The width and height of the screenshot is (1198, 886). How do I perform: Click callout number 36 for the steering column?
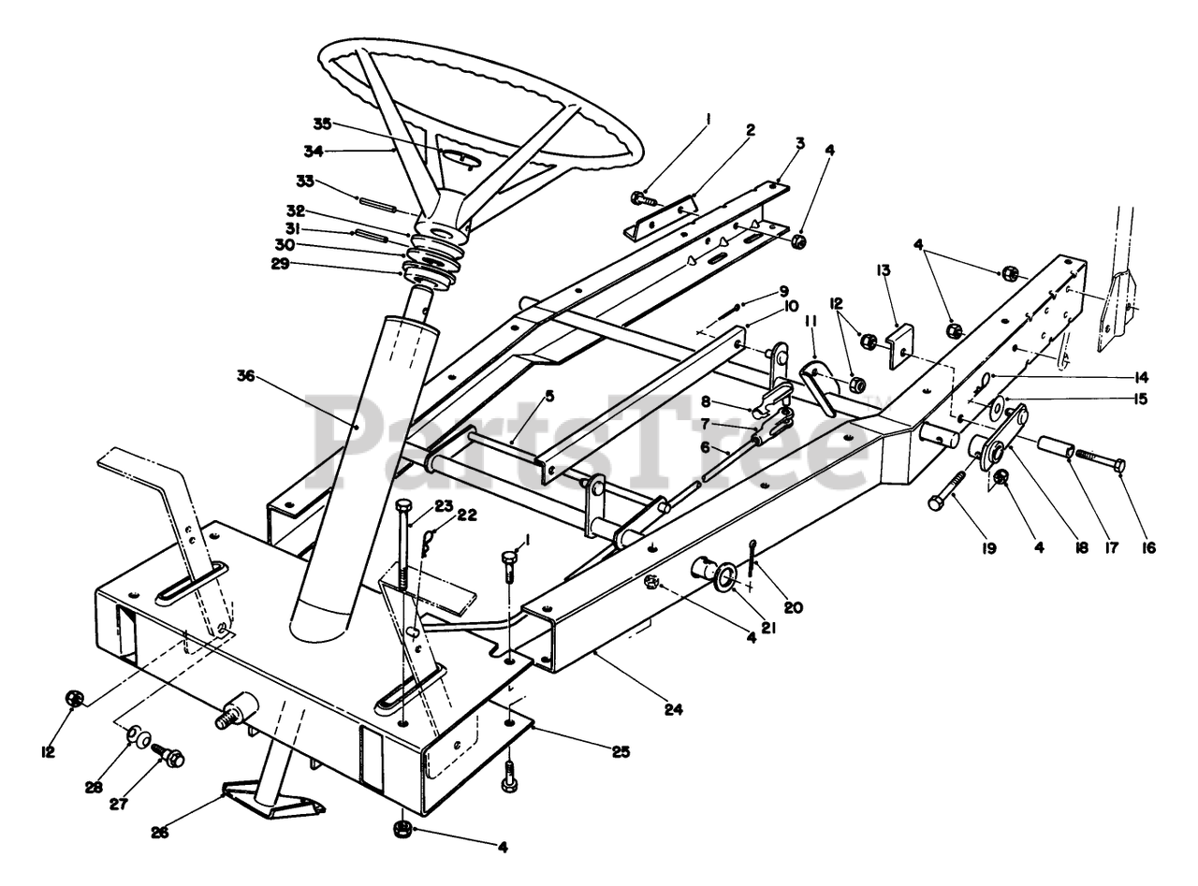pyautogui.click(x=246, y=376)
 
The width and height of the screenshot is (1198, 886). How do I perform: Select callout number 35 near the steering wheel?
pyautogui.click(x=323, y=123)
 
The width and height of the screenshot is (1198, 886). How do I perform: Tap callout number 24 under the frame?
pyautogui.click(x=673, y=710)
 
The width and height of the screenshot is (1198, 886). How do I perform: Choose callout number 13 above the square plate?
pyautogui.click(x=883, y=270)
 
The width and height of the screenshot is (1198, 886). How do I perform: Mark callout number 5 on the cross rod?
pyautogui.click(x=549, y=396)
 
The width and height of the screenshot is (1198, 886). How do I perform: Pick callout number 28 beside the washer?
pyautogui.click(x=95, y=787)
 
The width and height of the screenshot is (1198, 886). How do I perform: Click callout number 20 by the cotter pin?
pyautogui.click(x=793, y=608)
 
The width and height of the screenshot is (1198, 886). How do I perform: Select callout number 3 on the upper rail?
pyautogui.click(x=799, y=143)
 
